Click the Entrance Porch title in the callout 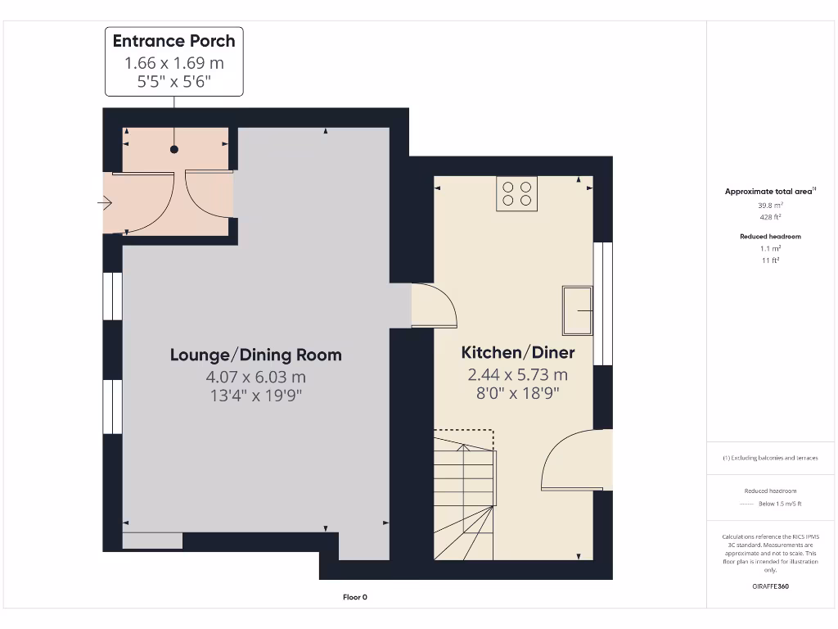[x=173, y=41]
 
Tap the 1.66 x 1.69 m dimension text [x=173, y=63]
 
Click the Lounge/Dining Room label [x=255, y=355]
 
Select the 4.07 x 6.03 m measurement [x=255, y=377]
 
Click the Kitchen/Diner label [x=518, y=353]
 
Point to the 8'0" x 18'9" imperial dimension [x=518, y=392]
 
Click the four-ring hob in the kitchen [x=516, y=194]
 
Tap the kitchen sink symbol [x=578, y=310]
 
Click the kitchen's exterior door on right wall [x=579, y=460]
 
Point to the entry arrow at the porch [x=106, y=203]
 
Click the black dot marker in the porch [x=173, y=150]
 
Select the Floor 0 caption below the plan [x=355, y=597]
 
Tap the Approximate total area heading [x=768, y=192]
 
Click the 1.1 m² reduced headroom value [x=769, y=248]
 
